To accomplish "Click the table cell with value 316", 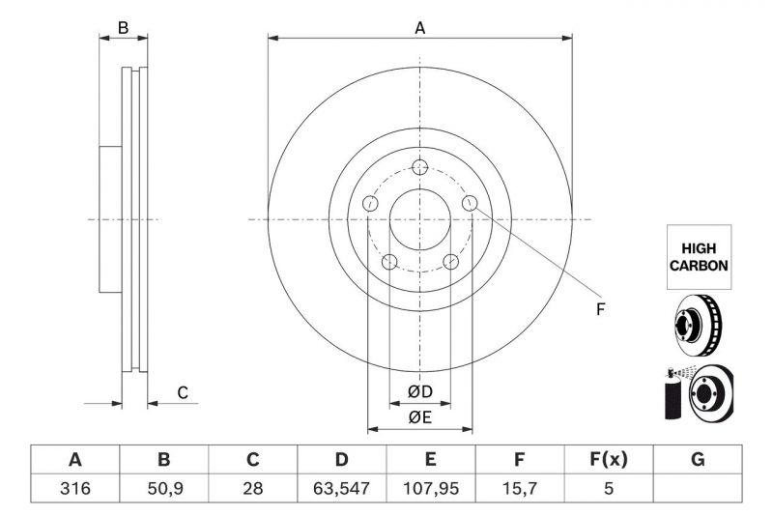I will click(74, 489).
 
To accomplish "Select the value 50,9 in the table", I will click(163, 489).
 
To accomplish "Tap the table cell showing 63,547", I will click(341, 489).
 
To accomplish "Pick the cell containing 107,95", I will click(430, 489).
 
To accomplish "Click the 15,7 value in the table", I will click(519, 489).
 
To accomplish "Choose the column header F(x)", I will click(608, 460).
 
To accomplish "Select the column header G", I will click(698, 460).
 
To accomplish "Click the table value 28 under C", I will click(252, 489).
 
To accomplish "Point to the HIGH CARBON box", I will click(698, 257).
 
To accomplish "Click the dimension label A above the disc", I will click(419, 28).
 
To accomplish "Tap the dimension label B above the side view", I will click(123, 28).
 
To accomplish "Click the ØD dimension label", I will click(419, 391).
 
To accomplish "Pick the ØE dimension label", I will click(419, 417).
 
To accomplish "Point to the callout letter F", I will click(599, 309).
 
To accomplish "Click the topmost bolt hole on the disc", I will click(419, 165).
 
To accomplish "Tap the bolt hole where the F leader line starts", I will click(470, 202).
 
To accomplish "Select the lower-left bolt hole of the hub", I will click(388, 262).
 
